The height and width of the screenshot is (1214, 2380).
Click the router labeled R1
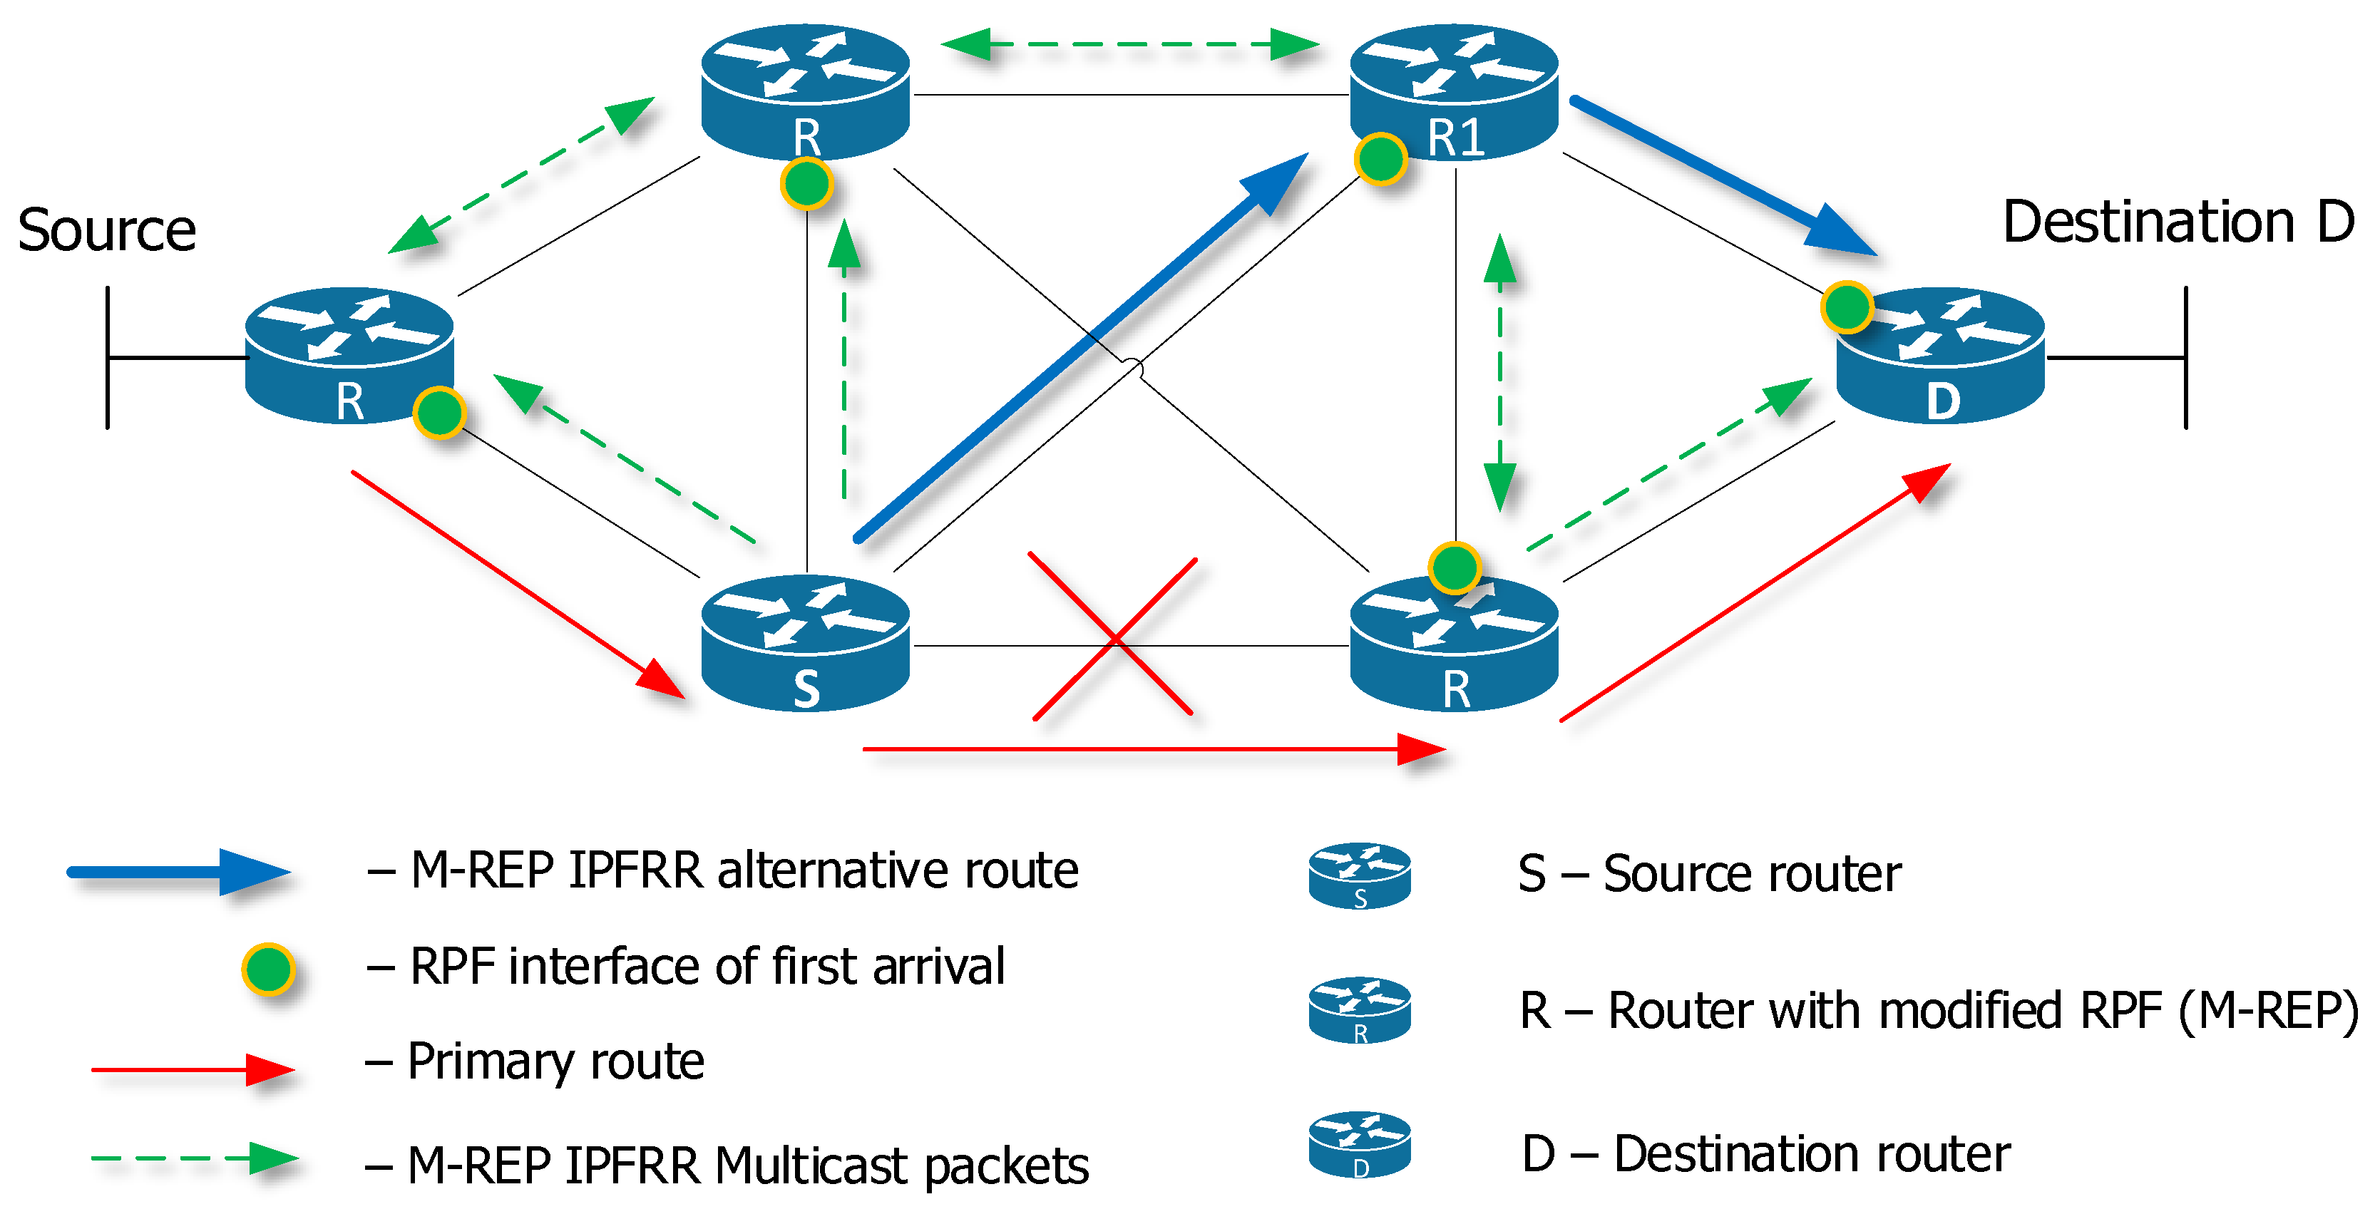tap(1455, 93)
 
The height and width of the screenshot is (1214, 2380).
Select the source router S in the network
tap(806, 643)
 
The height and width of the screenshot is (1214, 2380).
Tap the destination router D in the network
tap(1940, 356)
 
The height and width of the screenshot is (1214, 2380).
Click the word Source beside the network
tap(107, 230)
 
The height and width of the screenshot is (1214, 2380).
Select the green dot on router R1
tap(1380, 159)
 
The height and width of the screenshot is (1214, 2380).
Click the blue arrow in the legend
tap(179, 872)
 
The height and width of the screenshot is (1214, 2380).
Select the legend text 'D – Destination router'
tap(1765, 1154)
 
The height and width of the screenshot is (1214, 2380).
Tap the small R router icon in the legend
tap(1359, 1010)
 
